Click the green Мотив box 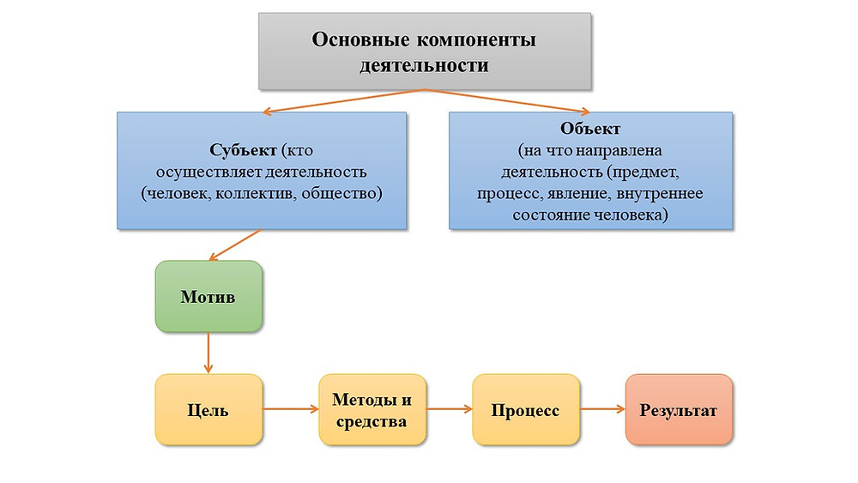208,297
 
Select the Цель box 208,410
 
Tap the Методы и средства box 372,410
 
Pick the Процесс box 526,410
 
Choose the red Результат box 679,410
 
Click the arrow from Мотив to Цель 208,353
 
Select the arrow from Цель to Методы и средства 291,408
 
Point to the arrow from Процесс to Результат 602,408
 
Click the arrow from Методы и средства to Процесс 450,408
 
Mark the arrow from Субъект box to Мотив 235,245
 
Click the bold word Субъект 243,150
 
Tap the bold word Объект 590,129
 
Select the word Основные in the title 360,39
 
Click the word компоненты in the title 476,40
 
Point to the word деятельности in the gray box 424,65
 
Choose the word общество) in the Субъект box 342,194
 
